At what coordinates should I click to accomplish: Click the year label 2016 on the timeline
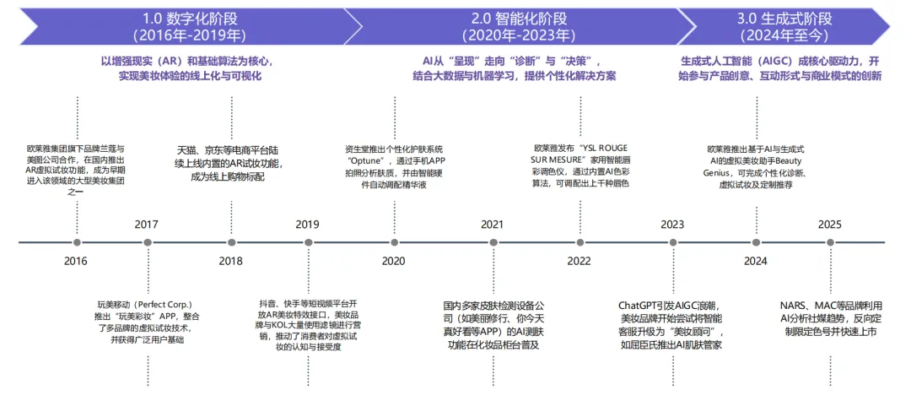(75, 261)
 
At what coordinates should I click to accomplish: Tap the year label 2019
(307, 224)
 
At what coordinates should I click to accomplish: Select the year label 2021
(492, 224)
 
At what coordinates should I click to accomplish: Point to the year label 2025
(830, 224)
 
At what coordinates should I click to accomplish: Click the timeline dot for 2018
(230, 242)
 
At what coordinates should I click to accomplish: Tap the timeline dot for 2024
(756, 242)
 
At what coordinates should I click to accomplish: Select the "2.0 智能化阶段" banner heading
(519, 18)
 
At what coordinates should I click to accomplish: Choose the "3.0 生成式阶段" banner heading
(784, 18)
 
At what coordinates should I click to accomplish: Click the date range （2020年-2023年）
(519, 35)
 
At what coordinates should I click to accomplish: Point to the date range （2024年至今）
(784, 35)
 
